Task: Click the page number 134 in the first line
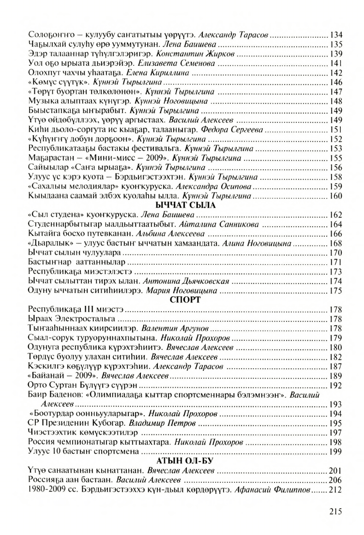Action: point(335,35)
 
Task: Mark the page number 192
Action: point(335,385)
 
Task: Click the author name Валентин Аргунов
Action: point(187,328)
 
